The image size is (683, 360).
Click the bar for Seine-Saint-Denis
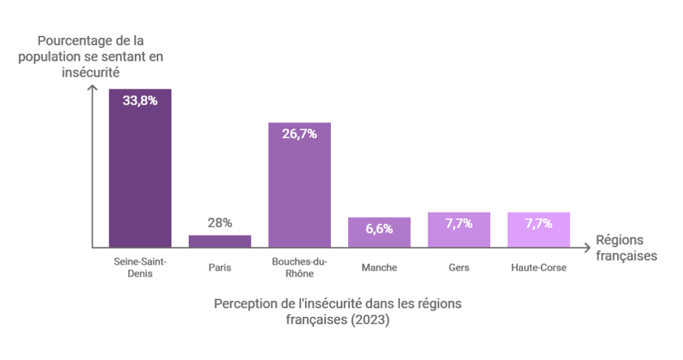point(140,173)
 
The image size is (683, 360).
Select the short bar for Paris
point(219,241)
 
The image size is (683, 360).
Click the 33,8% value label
point(140,101)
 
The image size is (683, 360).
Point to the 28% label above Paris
point(219,223)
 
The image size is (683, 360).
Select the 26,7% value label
point(299,134)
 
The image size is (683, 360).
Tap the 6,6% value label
point(379,229)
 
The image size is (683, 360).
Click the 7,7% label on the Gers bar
point(459,223)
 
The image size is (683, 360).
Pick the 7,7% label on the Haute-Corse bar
point(538,223)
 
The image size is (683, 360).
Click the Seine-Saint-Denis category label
point(140,267)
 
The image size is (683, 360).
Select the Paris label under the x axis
point(219,267)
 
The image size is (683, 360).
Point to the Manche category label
point(379,267)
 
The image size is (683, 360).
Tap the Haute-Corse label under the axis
point(538,267)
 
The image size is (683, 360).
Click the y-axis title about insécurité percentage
point(91,57)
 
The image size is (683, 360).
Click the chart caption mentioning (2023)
point(337,311)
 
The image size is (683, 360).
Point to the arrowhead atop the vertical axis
point(91,87)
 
